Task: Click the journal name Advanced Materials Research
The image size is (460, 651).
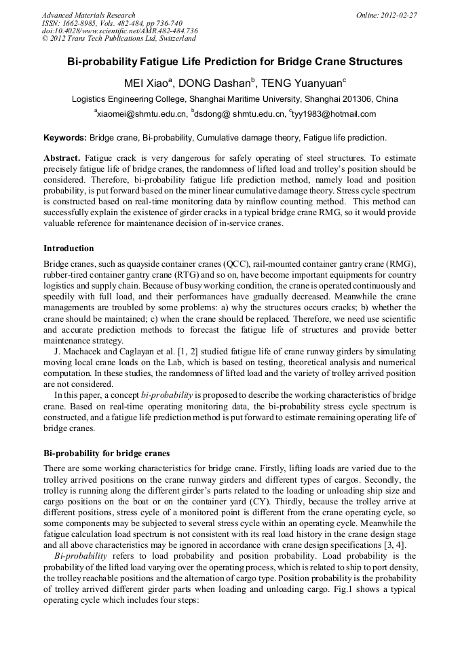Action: (88, 15)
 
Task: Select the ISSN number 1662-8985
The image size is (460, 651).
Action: (79, 23)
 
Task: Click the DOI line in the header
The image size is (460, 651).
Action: (119, 31)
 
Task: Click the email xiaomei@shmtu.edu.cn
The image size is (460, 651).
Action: (141, 114)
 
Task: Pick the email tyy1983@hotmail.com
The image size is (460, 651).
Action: (331, 114)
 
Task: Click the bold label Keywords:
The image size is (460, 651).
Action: (65, 138)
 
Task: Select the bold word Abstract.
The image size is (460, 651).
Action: (62, 157)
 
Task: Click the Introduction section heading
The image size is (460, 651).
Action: (69, 248)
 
